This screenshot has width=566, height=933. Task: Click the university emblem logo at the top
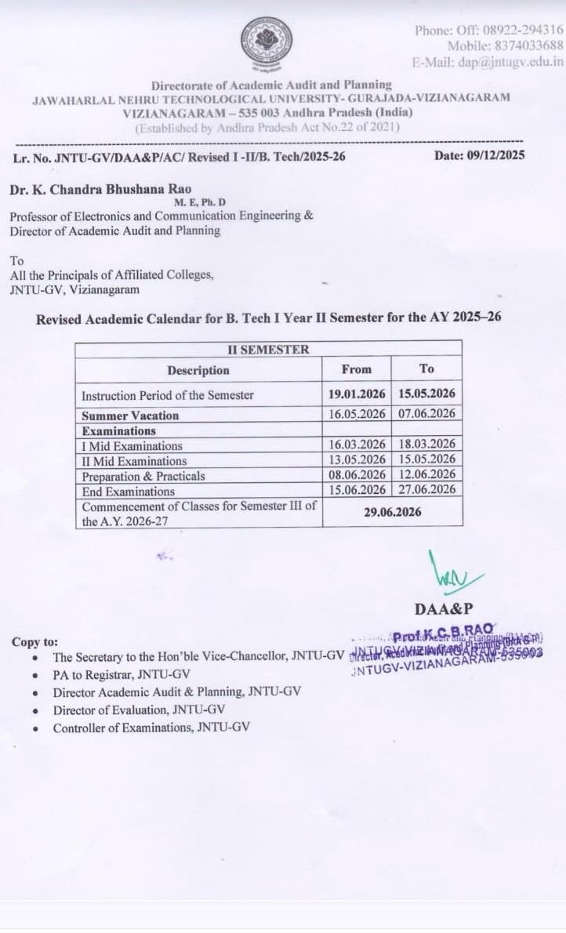(x=267, y=42)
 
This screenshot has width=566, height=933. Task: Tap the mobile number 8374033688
(x=525, y=46)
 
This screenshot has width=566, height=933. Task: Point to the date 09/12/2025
(x=496, y=155)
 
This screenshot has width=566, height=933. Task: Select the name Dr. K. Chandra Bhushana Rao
(x=100, y=189)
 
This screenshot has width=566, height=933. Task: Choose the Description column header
(x=198, y=370)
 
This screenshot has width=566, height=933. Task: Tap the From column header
(x=356, y=369)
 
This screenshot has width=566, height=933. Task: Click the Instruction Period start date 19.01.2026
(x=357, y=394)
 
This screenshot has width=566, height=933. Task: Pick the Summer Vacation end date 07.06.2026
(x=426, y=414)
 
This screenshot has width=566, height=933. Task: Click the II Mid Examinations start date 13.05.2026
(x=357, y=459)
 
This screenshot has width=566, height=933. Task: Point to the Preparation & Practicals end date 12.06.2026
(x=426, y=475)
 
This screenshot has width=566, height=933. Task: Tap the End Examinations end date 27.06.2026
(x=426, y=490)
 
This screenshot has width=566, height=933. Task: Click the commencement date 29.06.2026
(x=391, y=512)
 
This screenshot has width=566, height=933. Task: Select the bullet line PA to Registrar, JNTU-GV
(x=122, y=674)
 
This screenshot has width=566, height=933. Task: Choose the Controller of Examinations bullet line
(x=151, y=728)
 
